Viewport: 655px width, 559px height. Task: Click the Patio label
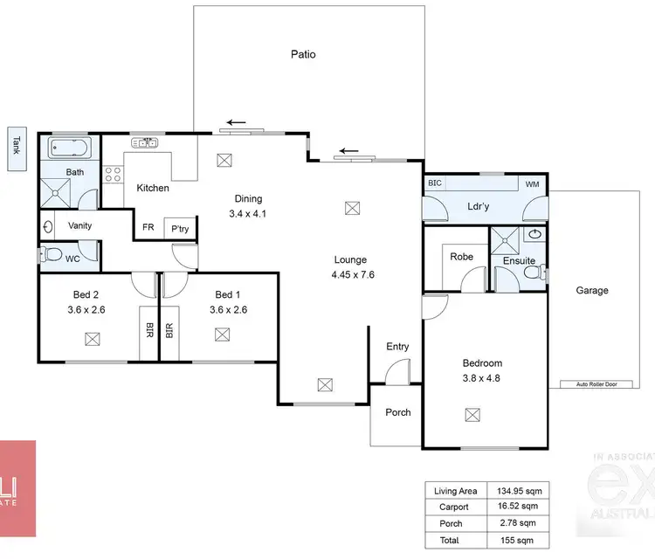click(x=303, y=54)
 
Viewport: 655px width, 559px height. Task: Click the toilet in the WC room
click(x=52, y=256)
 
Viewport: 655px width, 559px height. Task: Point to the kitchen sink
click(x=144, y=141)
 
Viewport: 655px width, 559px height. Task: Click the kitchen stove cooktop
click(x=114, y=174)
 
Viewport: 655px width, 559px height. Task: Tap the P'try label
click(x=181, y=229)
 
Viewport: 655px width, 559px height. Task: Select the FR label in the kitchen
click(x=148, y=229)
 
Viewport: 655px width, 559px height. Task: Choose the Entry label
click(x=397, y=347)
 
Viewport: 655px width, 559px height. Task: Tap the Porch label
click(x=397, y=412)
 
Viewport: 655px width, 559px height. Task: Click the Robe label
click(x=462, y=257)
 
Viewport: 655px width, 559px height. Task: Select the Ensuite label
click(x=519, y=261)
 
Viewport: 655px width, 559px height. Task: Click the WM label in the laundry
click(x=532, y=184)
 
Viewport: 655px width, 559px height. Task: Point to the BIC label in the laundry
click(x=435, y=183)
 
